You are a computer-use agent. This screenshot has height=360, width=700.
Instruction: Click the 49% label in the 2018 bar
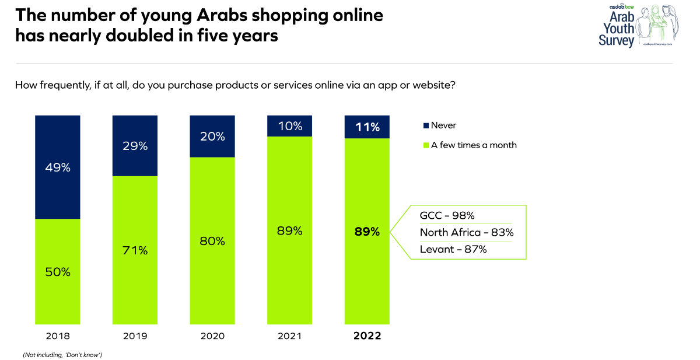pyautogui.click(x=58, y=168)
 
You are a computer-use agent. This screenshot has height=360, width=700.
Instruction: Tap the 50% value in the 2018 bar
pyautogui.click(x=58, y=272)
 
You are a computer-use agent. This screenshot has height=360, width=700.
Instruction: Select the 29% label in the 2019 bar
pyautogui.click(x=135, y=146)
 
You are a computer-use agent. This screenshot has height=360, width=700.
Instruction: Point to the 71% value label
pyautogui.click(x=135, y=251)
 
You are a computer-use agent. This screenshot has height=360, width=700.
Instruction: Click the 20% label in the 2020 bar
pyautogui.click(x=212, y=137)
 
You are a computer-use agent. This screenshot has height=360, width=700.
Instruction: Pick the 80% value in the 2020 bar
pyautogui.click(x=212, y=241)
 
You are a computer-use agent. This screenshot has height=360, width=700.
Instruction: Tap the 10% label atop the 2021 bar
pyautogui.click(x=290, y=126)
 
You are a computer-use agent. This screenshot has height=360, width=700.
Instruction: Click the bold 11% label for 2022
pyautogui.click(x=367, y=127)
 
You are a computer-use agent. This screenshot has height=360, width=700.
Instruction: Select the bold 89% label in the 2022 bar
pyautogui.click(x=367, y=232)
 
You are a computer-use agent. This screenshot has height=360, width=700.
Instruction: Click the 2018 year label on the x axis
pyautogui.click(x=58, y=336)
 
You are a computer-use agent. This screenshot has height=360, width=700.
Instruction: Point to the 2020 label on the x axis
pyautogui.click(x=212, y=336)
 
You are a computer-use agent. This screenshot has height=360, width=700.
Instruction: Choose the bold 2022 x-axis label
pyautogui.click(x=367, y=336)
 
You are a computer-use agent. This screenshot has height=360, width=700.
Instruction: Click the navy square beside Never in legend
pyautogui.click(x=426, y=125)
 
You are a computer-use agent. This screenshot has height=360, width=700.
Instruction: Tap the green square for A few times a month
pyautogui.click(x=426, y=145)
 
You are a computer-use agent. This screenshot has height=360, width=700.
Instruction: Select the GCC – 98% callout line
pyautogui.click(x=447, y=216)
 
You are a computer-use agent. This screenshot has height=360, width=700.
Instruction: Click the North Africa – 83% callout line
pyautogui.click(x=467, y=232)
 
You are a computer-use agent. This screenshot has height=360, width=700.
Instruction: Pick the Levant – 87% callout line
pyautogui.click(x=453, y=249)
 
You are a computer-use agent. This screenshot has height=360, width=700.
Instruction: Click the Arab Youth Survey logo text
pyautogui.click(x=617, y=29)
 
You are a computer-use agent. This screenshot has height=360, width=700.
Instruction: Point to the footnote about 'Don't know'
pyautogui.click(x=62, y=355)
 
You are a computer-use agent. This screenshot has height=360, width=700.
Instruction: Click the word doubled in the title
pyautogui.click(x=139, y=36)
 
